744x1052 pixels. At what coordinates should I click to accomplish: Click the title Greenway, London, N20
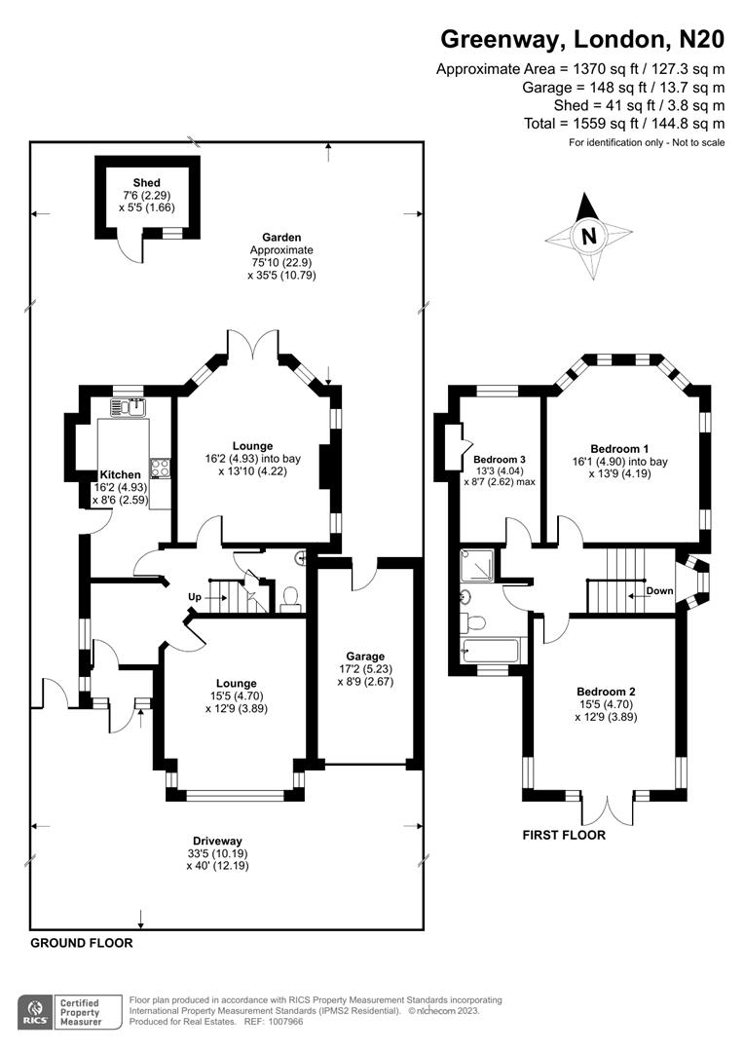pyautogui.click(x=582, y=39)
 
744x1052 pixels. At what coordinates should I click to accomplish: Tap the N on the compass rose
pyautogui.click(x=587, y=236)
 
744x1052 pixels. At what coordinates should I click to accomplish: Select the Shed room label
pyautogui.click(x=146, y=183)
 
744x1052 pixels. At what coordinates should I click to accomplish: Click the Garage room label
pyautogui.click(x=361, y=657)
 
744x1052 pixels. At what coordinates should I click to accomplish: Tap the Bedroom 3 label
pyautogui.click(x=500, y=459)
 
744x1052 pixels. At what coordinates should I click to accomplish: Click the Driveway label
pyautogui.click(x=216, y=841)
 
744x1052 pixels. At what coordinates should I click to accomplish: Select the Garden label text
pyautogui.click(x=281, y=237)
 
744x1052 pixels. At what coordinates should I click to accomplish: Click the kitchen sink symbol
pyautogui.click(x=130, y=407)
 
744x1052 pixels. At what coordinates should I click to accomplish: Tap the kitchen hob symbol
pyautogui.click(x=159, y=468)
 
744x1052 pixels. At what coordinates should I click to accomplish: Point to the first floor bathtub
pyautogui.click(x=494, y=650)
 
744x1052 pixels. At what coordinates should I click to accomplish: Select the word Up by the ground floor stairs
pyautogui.click(x=196, y=596)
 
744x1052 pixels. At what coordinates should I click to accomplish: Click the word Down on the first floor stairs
pyautogui.click(x=659, y=591)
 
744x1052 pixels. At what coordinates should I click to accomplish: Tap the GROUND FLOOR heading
pyautogui.click(x=81, y=943)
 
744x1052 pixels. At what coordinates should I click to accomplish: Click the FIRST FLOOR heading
pyautogui.click(x=564, y=835)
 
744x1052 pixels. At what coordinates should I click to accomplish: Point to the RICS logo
pyautogui.click(x=36, y=1010)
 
